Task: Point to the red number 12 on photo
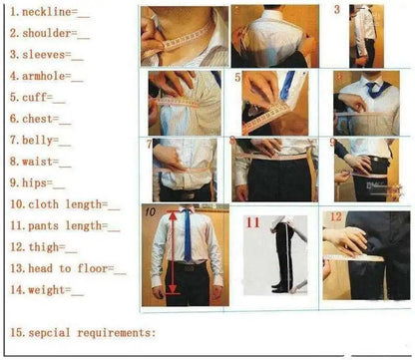coord(335,216)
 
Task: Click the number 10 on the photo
coord(149,212)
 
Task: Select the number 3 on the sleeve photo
coord(337,10)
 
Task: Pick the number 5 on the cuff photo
coord(238,77)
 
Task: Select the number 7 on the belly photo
coord(150,144)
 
